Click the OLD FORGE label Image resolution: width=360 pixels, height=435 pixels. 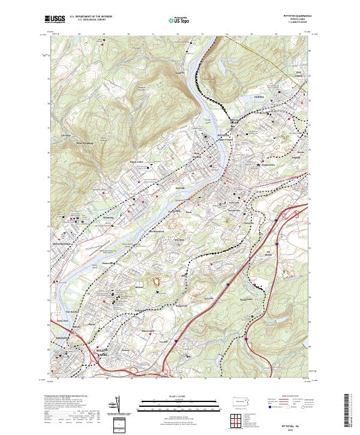tap(303, 91)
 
